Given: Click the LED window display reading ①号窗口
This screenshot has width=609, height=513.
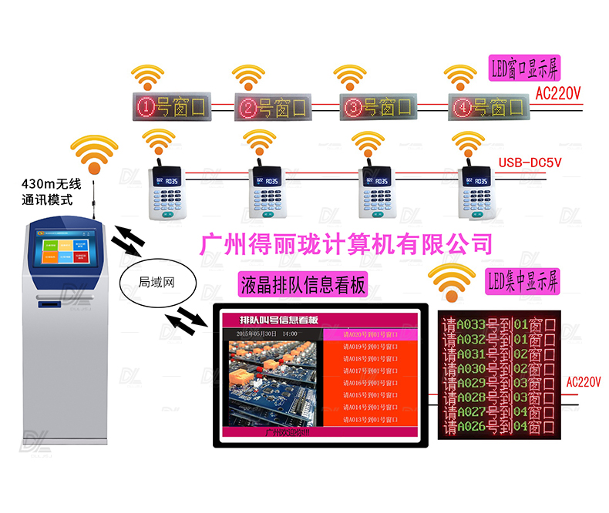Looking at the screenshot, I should point(170,106).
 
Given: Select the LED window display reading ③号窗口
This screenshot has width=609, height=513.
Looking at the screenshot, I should point(378,106).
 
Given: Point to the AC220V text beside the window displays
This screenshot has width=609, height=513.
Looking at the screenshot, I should point(557,92).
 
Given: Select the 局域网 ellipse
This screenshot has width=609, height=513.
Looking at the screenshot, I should point(156,282).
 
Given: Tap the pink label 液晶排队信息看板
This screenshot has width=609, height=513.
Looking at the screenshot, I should point(303,284).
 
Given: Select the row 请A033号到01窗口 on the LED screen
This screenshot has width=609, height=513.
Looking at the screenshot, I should point(499,325).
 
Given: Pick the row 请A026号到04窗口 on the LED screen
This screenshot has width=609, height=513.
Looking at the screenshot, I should point(499,427).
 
